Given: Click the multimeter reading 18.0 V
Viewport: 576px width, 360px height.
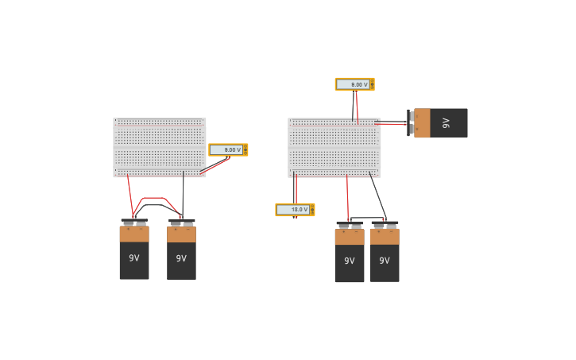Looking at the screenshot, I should click(x=295, y=210).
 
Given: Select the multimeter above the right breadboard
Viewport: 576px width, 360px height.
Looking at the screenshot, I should click(x=354, y=84).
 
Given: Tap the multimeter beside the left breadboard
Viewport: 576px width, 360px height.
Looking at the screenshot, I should click(x=228, y=149).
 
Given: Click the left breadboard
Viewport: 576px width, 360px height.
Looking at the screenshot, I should click(x=160, y=147).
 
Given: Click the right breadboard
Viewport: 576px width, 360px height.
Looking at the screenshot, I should click(x=334, y=147).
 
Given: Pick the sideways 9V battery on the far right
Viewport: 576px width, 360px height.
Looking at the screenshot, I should click(x=441, y=123).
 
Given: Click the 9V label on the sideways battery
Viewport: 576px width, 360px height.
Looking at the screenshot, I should click(x=446, y=123).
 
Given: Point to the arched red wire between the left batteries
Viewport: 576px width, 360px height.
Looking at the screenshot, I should click(x=153, y=198).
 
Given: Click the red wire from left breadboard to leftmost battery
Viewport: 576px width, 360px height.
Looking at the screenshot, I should click(x=130, y=195).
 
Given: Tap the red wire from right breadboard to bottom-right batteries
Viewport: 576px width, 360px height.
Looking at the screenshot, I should click(x=347, y=199).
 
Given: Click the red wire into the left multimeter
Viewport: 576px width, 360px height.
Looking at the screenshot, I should click(x=215, y=165).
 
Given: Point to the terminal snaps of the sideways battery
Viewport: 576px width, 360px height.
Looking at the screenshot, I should click(x=411, y=122).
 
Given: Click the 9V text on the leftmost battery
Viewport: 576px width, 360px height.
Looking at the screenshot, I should click(x=134, y=257).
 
